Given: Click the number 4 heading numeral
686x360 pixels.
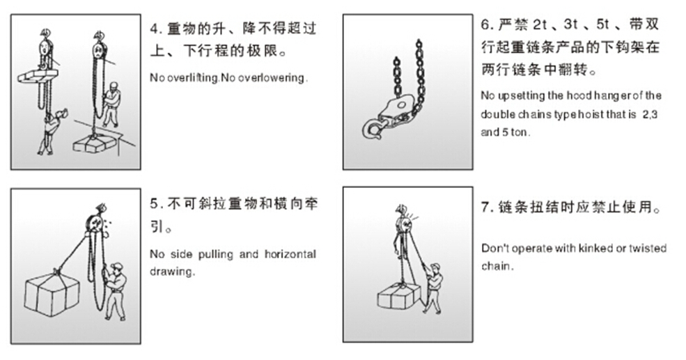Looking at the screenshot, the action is coord(154,29).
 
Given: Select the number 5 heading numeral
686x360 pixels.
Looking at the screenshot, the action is coord(154,204).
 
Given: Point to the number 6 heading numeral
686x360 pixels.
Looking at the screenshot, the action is coord(485,24).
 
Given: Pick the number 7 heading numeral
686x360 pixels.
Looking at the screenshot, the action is coord(485,207).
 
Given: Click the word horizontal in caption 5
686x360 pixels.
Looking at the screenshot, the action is coord(290,254).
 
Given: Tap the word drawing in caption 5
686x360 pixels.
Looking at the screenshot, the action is coord(171,272).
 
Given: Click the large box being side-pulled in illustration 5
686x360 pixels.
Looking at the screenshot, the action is coord(52,293).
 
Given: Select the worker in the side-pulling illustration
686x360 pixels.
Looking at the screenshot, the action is coord(114,290).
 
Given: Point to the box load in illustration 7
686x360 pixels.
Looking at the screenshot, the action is coord(398,296).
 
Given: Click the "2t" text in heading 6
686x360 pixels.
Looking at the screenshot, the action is coord(540,24).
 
